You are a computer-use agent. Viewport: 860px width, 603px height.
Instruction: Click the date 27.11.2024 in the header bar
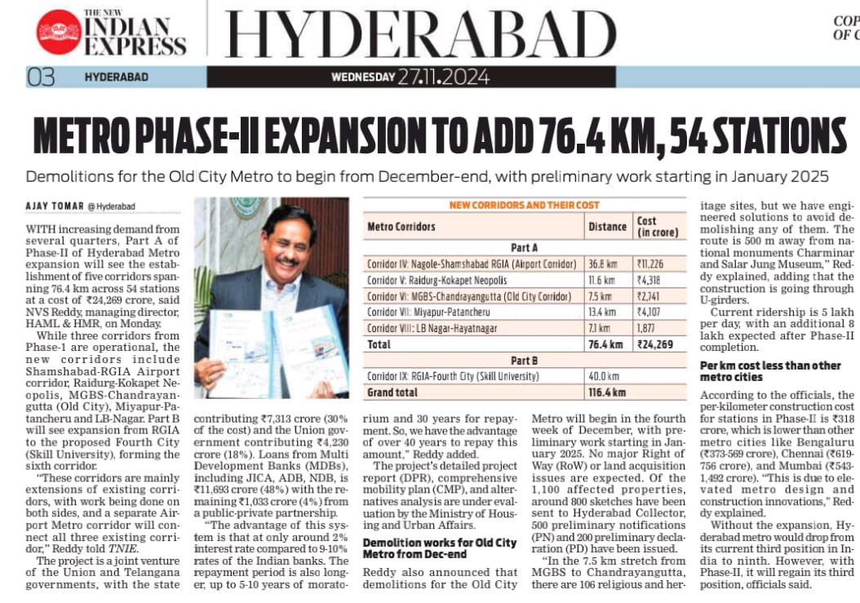pos(444,77)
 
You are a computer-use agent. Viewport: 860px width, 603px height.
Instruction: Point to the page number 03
pos(41,78)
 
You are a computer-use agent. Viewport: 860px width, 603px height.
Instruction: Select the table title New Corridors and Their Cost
pos(524,205)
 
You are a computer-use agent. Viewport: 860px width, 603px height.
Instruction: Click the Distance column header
pos(608,226)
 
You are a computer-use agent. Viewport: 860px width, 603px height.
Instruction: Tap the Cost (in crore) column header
pos(654,226)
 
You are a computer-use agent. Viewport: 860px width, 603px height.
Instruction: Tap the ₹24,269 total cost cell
pos(656,345)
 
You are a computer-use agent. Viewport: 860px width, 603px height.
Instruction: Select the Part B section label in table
pos(524,361)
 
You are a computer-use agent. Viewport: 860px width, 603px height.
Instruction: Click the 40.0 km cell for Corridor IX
pos(605,376)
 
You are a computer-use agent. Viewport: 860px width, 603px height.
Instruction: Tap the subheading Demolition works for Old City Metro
pos(439,548)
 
